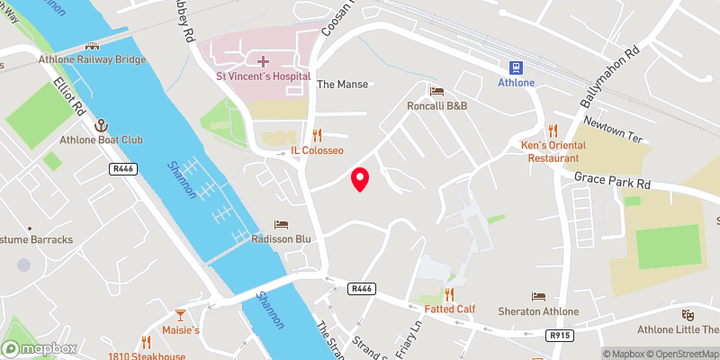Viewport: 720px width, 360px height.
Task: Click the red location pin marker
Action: (360, 179)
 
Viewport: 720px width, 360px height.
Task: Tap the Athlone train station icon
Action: (517, 67)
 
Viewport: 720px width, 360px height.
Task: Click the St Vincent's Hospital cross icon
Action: (263, 61)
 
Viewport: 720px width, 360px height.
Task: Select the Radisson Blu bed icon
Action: (282, 224)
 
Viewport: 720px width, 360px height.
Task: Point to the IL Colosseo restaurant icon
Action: (317, 136)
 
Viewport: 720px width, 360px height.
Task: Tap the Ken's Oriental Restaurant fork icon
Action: (553, 130)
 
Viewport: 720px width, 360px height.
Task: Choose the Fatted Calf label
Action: (450, 309)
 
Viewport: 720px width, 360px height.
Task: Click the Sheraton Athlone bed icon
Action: (539, 296)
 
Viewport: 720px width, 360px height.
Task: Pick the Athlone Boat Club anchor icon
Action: (102, 124)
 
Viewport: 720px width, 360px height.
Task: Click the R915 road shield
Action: (558, 336)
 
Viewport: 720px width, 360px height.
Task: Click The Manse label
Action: (342, 85)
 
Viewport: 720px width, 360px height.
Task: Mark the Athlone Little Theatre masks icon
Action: (688, 314)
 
